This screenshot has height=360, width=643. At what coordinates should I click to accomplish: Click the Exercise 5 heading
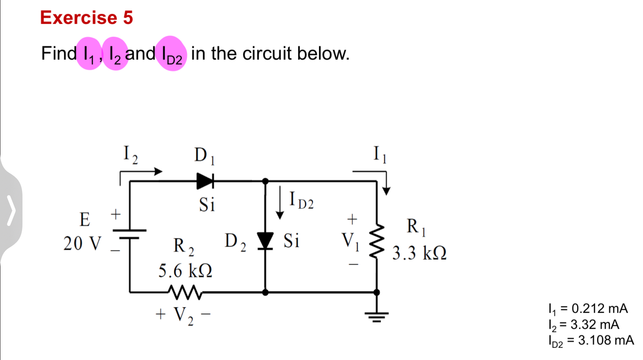tap(86, 18)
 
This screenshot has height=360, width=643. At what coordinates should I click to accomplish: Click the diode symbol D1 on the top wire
tap(205, 181)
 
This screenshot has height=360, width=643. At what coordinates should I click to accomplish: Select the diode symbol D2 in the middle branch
tap(265, 241)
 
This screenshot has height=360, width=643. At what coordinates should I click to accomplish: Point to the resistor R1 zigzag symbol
tap(376, 241)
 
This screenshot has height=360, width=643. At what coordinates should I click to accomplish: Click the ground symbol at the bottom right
tap(376, 317)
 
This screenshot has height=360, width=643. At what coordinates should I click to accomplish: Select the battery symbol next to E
tap(129, 234)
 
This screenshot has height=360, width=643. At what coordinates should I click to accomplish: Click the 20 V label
tap(82, 243)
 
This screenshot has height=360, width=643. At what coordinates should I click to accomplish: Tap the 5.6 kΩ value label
tap(185, 271)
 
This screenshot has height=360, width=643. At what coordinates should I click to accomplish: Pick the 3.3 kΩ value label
tap(419, 253)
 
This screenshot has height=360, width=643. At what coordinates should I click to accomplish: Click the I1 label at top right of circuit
tap(380, 154)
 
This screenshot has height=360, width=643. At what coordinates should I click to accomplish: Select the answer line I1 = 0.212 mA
tap(588, 309)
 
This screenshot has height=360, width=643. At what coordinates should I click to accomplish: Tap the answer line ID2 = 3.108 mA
tap(591, 340)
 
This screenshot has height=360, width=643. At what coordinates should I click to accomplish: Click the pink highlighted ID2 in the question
tap(172, 54)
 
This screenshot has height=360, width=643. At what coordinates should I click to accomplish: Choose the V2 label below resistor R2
tap(183, 315)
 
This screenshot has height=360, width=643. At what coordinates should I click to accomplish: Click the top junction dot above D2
tap(265, 181)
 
